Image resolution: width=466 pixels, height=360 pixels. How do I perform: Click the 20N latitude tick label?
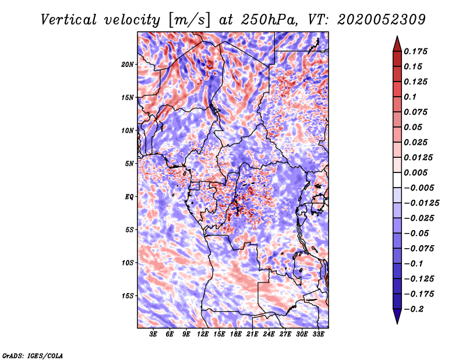[128, 64]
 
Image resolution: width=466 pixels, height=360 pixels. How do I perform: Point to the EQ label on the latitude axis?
[129, 196]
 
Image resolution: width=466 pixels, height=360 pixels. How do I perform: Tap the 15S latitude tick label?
[128, 295]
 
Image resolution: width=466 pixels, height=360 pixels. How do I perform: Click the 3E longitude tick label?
[153, 334]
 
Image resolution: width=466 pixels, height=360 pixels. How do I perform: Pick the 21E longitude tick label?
[252, 334]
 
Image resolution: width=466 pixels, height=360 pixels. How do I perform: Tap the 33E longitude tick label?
[318, 334]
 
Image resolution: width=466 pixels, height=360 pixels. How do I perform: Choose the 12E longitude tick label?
[203, 334]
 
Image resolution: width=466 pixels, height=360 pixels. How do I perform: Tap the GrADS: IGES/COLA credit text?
[32, 355]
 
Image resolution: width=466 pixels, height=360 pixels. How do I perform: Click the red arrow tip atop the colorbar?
[397, 43]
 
